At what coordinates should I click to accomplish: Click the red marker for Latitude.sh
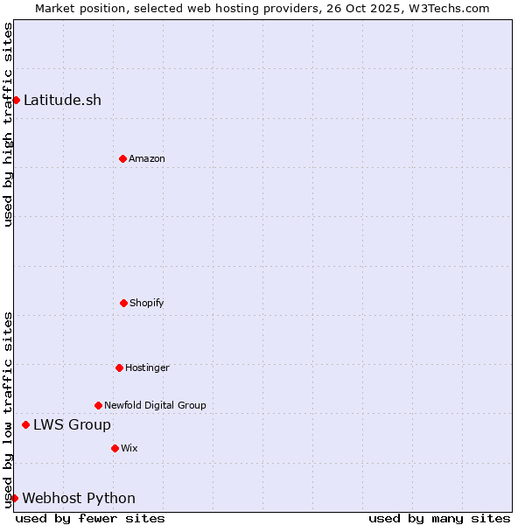tap(16, 100)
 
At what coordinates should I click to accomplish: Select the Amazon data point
tap(122, 158)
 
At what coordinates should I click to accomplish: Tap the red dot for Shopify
tap(123, 303)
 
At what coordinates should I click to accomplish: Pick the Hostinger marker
tap(119, 367)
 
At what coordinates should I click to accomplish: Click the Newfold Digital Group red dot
tap(98, 405)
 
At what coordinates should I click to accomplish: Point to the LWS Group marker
tap(25, 424)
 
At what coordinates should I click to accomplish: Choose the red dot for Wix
tap(115, 448)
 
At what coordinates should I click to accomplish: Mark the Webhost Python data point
tap(14, 498)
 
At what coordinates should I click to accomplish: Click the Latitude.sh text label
tap(62, 100)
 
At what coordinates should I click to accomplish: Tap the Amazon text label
tap(147, 158)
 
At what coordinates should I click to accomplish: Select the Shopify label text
tap(147, 303)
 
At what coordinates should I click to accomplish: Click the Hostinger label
tap(147, 367)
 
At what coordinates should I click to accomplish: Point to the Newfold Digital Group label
tap(155, 405)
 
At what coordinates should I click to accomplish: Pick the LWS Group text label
tap(72, 424)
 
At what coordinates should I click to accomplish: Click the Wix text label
tap(129, 448)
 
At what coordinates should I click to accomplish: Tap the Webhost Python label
tap(79, 498)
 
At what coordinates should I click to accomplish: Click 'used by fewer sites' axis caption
tap(90, 518)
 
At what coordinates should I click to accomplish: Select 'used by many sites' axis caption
tap(439, 518)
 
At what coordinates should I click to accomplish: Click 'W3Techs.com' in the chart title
tap(451, 8)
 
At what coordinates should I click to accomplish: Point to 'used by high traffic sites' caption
tap(8, 124)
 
